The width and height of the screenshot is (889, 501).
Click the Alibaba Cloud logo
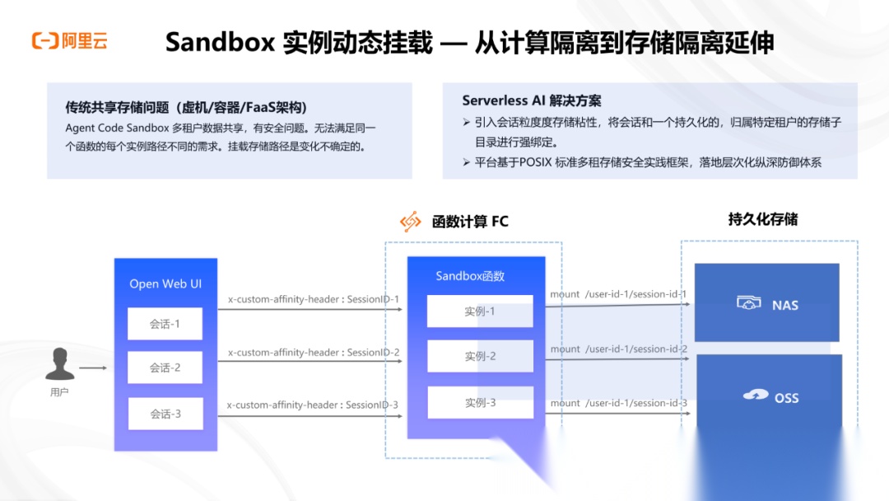coord(69,40)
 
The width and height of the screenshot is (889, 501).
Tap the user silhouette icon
coord(59,363)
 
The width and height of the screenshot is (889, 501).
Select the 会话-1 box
coord(165,324)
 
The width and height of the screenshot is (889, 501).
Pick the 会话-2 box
coord(165,368)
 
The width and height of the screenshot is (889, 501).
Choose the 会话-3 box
coord(165,414)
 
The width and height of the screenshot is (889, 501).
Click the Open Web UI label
coord(165,283)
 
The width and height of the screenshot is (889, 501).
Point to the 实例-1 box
coord(480,311)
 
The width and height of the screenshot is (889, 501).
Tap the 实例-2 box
coord(480,356)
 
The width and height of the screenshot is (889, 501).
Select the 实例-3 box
coord(480,402)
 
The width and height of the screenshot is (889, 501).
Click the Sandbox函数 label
coord(470,276)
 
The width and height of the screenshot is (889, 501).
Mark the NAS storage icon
coord(747,304)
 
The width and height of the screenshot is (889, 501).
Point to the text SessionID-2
coord(373,353)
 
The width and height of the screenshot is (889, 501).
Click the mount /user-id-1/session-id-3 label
coord(618,403)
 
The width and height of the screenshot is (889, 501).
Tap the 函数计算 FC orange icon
coord(410,221)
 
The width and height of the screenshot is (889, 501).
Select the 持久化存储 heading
coord(762,219)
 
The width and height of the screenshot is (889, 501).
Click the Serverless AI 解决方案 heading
coord(532,101)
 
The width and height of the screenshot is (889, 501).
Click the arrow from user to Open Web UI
coord(93,368)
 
